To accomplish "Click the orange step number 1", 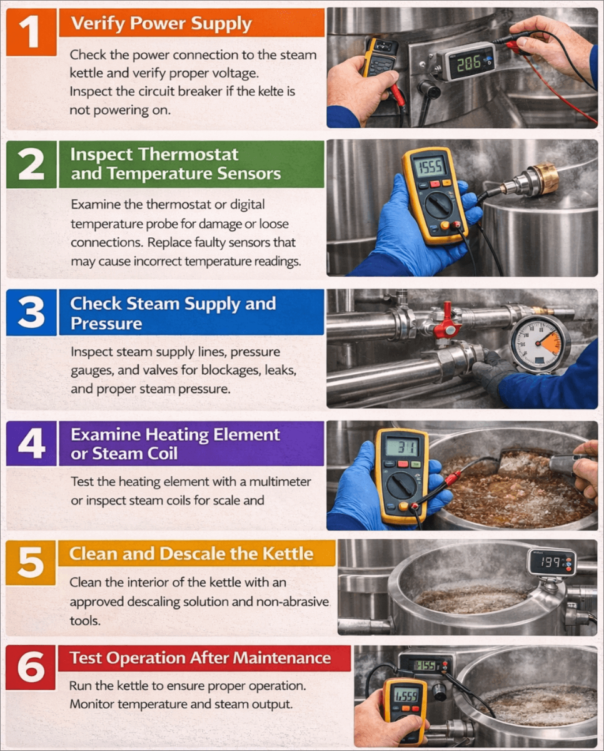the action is pos(31,32).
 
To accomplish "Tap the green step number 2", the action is pos(31,165).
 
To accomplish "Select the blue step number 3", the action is pos(31,312).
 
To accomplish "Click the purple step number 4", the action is pos(31,443).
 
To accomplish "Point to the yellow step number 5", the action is pos(31,563).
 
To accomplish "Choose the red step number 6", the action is pos(31,667).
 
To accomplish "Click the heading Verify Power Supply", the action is pos(161,24).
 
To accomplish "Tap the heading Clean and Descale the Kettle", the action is pos(191,553).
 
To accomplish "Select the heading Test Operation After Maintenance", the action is pos(200,658).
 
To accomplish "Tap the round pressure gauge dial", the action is pos(540,343).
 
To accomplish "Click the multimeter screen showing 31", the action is pos(402,447).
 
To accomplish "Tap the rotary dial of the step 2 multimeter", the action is pos(438,205).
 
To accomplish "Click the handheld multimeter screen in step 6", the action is pos(406,697).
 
